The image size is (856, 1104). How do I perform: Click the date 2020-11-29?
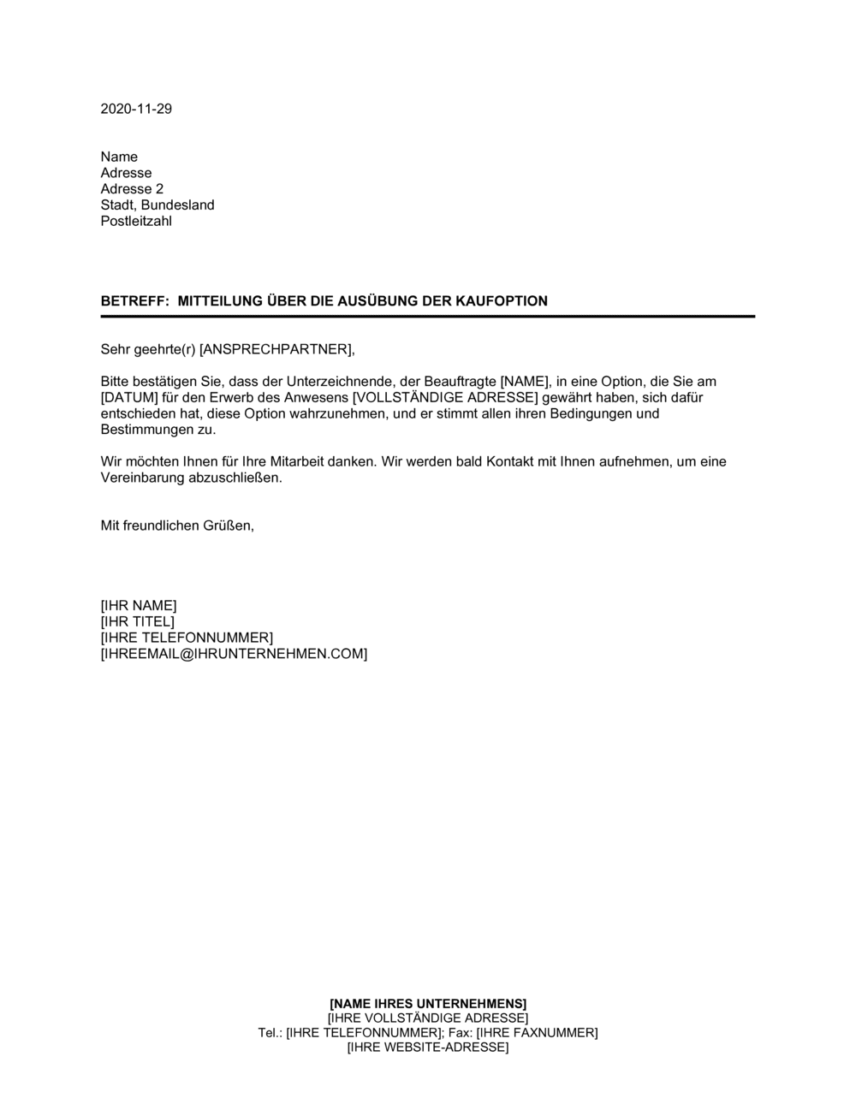(136, 109)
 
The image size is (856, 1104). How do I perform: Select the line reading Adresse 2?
(132, 189)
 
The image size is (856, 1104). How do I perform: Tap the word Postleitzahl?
(136, 222)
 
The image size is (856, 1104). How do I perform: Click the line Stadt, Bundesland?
(158, 205)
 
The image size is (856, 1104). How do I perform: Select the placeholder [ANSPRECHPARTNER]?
(276, 349)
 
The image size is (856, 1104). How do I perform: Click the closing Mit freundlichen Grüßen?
(177, 525)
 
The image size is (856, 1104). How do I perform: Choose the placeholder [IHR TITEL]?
(138, 621)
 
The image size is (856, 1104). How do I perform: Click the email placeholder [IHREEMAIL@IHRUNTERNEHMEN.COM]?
(234, 654)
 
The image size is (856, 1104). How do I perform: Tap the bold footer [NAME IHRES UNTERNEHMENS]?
(428, 1003)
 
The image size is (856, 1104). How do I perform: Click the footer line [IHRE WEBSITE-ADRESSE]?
(428, 1048)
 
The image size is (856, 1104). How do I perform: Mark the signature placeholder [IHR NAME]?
(139, 606)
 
